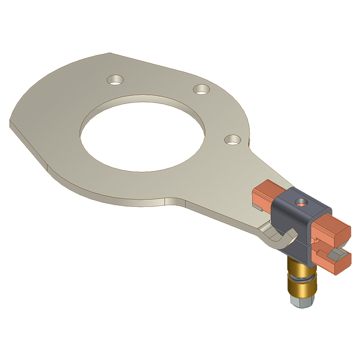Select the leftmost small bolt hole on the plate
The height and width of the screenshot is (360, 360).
[x=116, y=79]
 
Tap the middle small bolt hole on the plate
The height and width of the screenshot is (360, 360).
[x=201, y=89]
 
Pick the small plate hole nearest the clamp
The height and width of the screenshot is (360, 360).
[x=232, y=139]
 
